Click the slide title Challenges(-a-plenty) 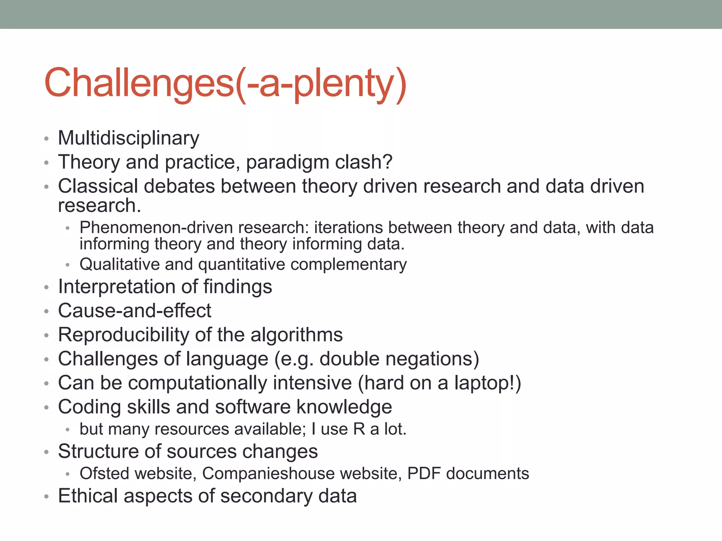[226, 83]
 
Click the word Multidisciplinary [129, 138]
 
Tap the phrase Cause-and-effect [135, 311]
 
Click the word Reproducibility [123, 335]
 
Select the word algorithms [296, 335]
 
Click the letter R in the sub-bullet [359, 429]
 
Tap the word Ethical [88, 496]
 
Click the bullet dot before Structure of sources [46, 452]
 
